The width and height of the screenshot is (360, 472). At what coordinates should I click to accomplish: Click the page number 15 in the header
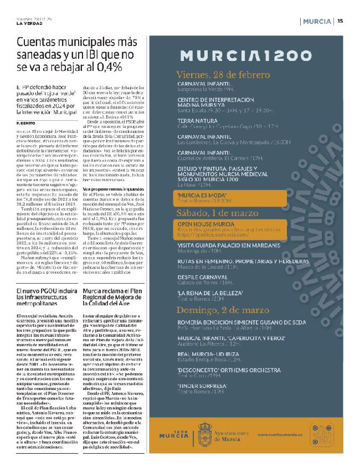coord(340,21)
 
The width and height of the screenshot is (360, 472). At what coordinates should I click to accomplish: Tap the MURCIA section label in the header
coord(318,21)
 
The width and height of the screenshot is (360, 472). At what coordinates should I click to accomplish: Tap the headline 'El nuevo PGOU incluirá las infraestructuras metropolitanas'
coord(47,297)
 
